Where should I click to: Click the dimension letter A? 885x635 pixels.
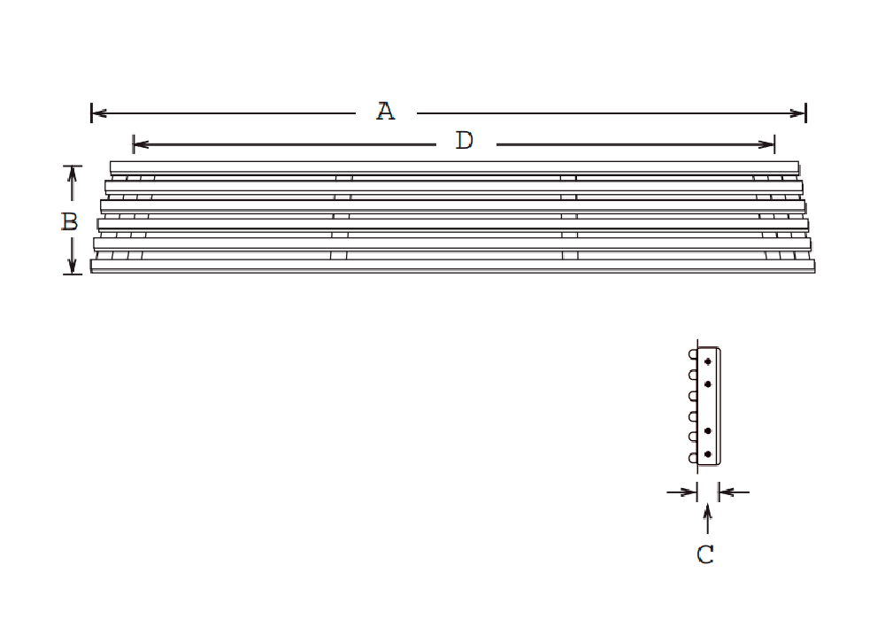(x=386, y=112)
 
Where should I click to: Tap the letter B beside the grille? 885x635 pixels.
(x=69, y=221)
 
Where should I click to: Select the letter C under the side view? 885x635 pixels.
(x=705, y=554)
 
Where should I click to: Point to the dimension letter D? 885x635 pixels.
(x=465, y=141)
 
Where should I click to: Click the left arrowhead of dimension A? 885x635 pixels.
(x=99, y=113)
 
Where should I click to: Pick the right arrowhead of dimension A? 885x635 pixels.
(x=798, y=113)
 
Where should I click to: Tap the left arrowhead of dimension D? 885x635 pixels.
(x=141, y=144)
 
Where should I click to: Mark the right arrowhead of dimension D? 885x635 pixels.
(x=767, y=144)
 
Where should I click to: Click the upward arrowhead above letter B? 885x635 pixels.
(x=73, y=174)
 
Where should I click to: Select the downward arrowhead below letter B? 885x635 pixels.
(x=73, y=266)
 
